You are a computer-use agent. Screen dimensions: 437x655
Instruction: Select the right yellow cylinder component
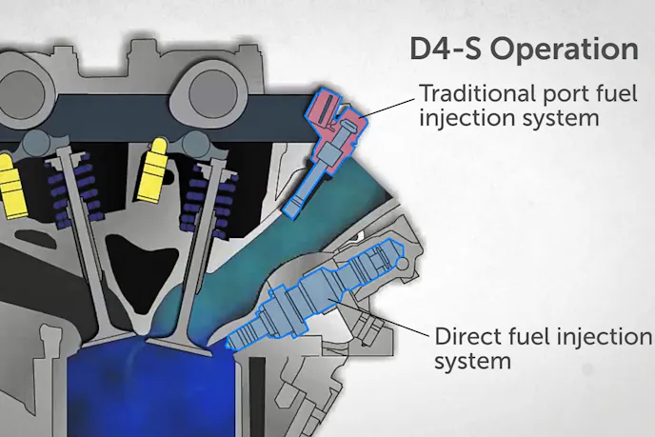click(x=152, y=176)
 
